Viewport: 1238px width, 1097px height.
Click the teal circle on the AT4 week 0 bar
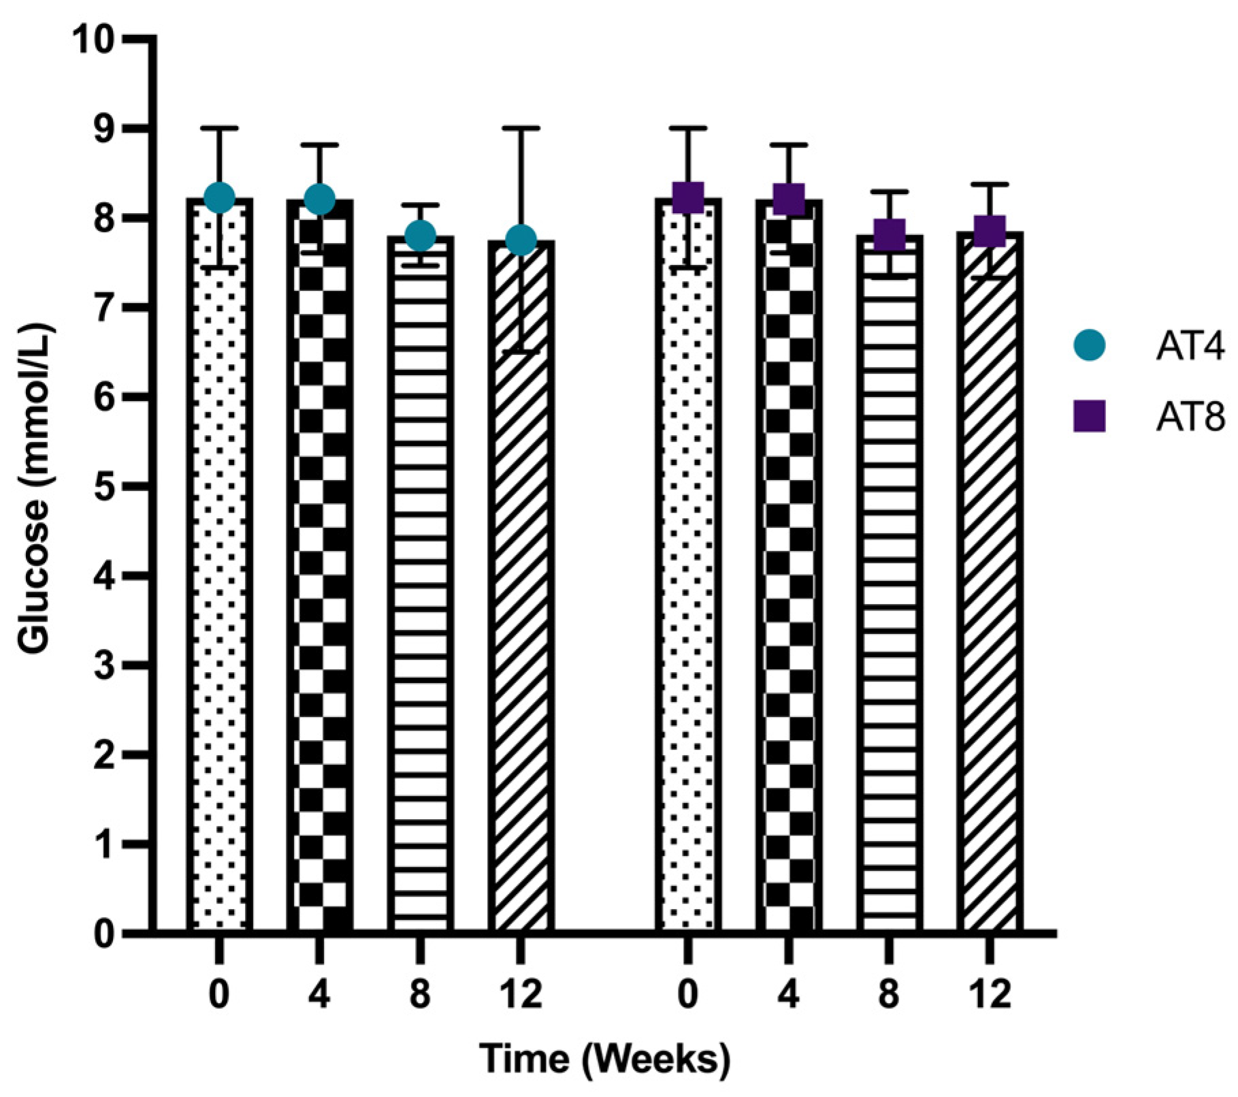point(219,198)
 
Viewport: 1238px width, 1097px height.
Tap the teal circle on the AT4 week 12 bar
point(521,240)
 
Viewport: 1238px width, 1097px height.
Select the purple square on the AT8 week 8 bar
point(889,235)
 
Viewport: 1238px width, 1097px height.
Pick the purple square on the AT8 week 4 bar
point(789,198)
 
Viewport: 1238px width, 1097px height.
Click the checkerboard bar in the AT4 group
point(320,565)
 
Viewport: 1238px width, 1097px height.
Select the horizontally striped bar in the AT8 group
point(889,586)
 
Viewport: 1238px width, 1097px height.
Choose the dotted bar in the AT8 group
point(688,565)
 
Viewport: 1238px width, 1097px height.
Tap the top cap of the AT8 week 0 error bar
point(688,128)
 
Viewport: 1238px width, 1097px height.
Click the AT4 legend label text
point(1189,347)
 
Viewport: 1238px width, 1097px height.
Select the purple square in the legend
point(1089,416)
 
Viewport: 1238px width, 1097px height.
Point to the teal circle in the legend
point(1089,346)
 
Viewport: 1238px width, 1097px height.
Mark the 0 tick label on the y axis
point(103,934)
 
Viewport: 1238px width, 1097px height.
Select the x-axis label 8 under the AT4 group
point(420,995)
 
